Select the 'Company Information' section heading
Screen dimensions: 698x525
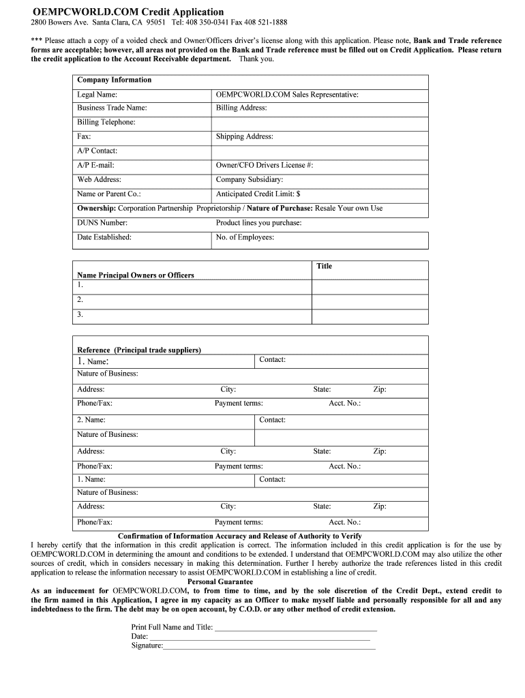(115, 80)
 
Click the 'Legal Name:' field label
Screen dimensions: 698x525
(97, 95)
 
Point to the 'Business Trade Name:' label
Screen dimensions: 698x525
(112, 108)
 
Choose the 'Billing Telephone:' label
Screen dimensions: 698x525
(106, 122)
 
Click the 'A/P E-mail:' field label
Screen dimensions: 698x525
(95, 165)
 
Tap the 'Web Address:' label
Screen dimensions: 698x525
(99, 179)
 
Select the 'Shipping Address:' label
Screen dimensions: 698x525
(244, 136)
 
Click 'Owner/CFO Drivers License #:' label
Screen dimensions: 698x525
(265, 165)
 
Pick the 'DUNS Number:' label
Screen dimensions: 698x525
(102, 222)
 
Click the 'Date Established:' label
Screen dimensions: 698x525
(104, 237)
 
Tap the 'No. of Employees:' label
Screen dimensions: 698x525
(245, 237)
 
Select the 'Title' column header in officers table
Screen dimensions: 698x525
(324, 266)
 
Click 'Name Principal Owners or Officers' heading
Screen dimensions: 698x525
(136, 275)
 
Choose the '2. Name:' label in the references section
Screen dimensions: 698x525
(91, 420)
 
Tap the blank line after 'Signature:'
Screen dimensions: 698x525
(269, 646)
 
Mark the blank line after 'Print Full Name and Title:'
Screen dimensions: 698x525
(295, 627)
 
